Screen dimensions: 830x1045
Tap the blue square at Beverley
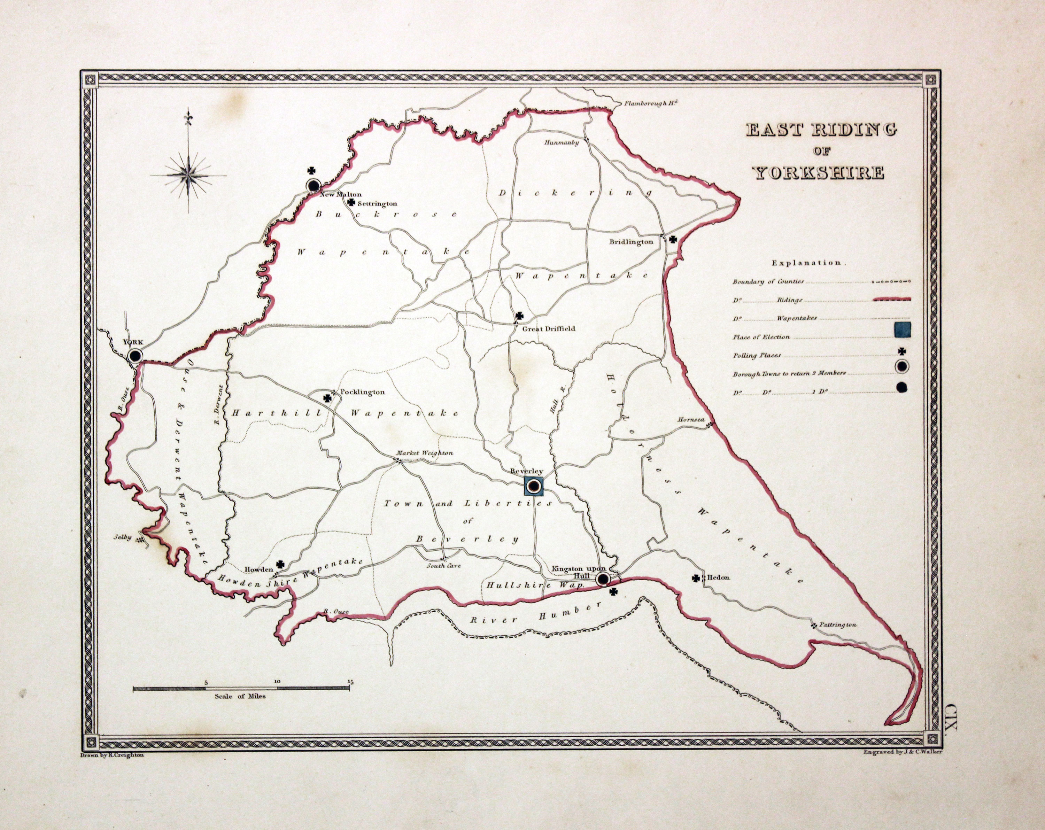tap(534, 486)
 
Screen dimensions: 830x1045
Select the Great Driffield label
tap(548, 328)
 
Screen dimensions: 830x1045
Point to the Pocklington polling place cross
tap(328, 398)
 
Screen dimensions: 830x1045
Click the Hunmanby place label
tap(561, 142)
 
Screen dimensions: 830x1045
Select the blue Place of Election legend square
tap(903, 329)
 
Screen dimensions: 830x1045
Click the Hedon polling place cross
tap(696, 578)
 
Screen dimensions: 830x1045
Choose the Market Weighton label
tap(425, 453)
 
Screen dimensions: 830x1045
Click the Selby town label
tap(123, 537)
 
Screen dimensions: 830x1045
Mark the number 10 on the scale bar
tap(277, 681)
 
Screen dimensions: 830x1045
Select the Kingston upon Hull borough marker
tap(603, 579)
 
